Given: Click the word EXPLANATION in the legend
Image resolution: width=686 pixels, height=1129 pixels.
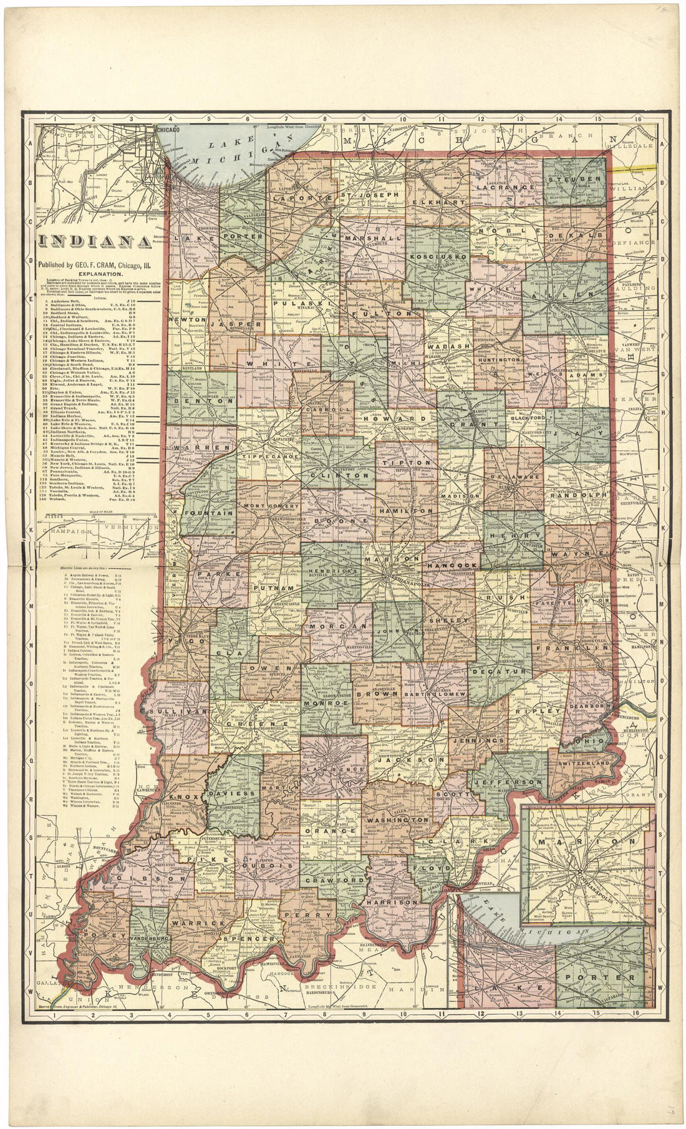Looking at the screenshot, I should pos(96,273).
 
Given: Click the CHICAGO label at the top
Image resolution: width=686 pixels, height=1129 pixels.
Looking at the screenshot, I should pos(168,129).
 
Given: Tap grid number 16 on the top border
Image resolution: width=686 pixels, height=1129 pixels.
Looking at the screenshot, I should pos(637,117).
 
